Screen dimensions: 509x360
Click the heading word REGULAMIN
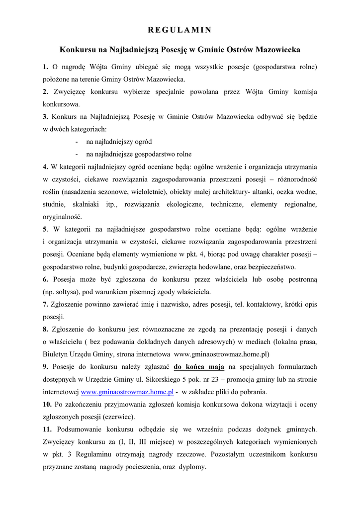pos(180,30)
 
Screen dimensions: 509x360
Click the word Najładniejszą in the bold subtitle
pos(123,50)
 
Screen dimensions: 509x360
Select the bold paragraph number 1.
pos(45,67)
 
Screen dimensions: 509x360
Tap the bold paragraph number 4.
pos(45,166)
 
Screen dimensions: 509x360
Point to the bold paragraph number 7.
pos(45,304)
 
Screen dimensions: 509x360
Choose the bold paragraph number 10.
pos(47,404)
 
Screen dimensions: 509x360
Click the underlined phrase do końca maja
pos(199,367)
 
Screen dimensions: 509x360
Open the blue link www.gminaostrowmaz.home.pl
pos(127,392)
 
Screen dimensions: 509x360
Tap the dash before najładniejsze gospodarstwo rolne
pos(78,154)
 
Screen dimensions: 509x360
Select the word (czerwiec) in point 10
pos(119,417)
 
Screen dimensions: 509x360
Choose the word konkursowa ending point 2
pos(61,104)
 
